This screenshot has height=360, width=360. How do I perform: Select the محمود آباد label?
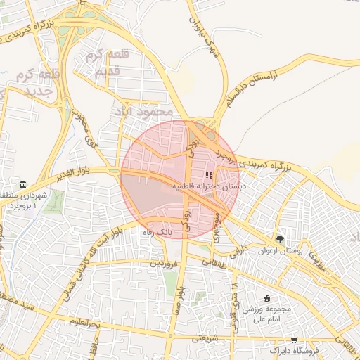point(146,112)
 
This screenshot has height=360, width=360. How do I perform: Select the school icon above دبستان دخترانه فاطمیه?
point(208,175)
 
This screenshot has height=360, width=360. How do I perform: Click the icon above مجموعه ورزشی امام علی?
point(266,298)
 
